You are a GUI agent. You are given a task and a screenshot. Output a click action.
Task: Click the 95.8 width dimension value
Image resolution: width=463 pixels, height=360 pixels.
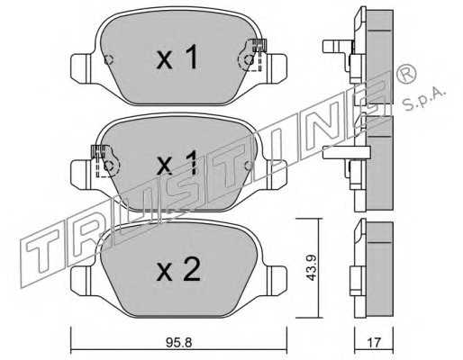point(178,343)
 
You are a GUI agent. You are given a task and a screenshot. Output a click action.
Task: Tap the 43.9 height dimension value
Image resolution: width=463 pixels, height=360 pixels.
point(311,268)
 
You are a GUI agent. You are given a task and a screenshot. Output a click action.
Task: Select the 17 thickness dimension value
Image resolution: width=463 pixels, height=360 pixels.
point(374,343)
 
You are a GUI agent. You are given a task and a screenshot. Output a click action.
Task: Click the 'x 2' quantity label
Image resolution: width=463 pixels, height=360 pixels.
point(178,270)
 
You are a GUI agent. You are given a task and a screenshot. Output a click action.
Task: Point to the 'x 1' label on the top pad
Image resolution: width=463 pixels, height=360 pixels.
point(177,57)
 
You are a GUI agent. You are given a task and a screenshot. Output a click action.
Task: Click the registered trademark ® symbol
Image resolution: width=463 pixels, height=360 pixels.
point(406,74)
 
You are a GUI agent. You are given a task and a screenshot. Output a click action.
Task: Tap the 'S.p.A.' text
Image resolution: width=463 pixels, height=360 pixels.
point(423,99)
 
